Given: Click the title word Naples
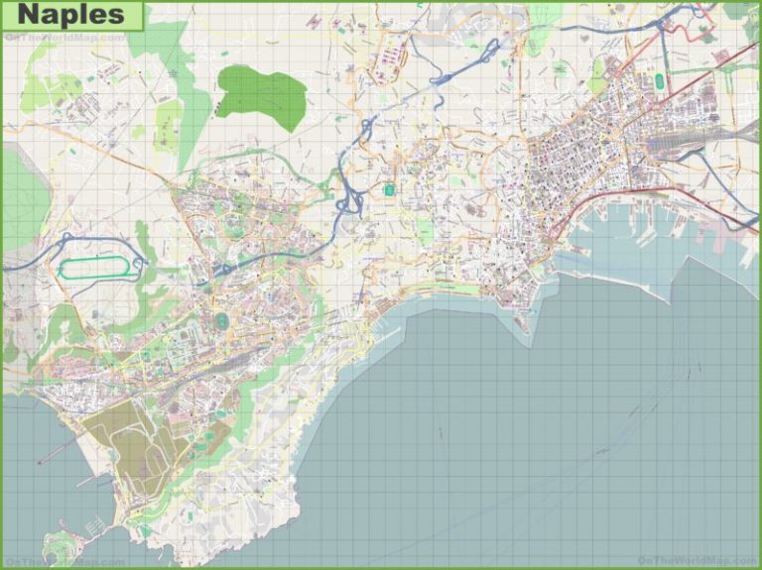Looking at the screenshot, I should click(x=71, y=15).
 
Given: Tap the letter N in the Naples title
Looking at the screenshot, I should click(x=29, y=15).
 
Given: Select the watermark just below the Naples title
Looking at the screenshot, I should click(x=65, y=37).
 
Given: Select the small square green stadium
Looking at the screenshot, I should click(x=389, y=188).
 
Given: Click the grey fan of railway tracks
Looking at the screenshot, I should click(x=685, y=149).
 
